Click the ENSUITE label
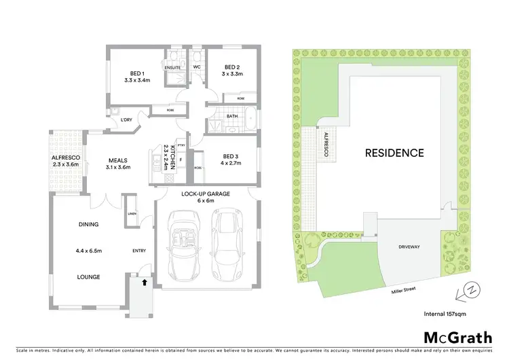point(172,67)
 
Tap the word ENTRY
point(138,251)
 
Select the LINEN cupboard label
point(131,215)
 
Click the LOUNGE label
point(89,276)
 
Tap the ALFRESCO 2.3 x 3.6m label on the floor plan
point(65,161)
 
